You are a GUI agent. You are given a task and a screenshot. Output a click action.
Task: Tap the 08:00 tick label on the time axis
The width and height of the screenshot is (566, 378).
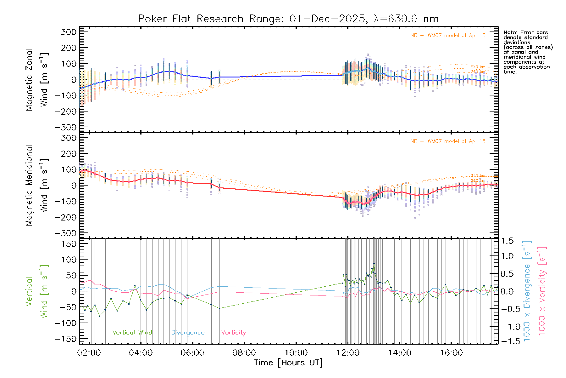pyautogui.click(x=244, y=353)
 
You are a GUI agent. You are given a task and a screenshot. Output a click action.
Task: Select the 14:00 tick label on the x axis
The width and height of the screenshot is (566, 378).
pyautogui.click(x=399, y=353)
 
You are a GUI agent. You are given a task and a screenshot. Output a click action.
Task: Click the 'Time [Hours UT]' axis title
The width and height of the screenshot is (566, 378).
pyautogui.click(x=288, y=363)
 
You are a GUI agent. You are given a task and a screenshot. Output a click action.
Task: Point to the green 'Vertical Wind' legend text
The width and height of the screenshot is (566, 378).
pyautogui.click(x=132, y=333)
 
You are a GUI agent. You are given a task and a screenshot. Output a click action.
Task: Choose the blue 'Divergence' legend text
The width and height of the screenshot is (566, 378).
pyautogui.click(x=188, y=333)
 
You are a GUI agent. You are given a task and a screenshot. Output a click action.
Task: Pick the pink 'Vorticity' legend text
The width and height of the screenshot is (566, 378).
pyautogui.click(x=233, y=333)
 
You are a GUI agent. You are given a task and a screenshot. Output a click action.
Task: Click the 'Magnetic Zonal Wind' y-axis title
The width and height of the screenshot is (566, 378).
pyautogui.click(x=37, y=79)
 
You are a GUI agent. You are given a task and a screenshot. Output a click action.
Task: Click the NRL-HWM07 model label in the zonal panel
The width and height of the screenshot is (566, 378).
pyautogui.click(x=448, y=36)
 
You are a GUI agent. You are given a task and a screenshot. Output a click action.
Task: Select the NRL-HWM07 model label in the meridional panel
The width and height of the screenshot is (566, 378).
pyautogui.click(x=448, y=141)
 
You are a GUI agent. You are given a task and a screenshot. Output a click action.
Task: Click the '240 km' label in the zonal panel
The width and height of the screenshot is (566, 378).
pyautogui.click(x=478, y=67)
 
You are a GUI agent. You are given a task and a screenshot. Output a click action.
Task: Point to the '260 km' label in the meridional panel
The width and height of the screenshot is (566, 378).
pyautogui.click(x=478, y=181)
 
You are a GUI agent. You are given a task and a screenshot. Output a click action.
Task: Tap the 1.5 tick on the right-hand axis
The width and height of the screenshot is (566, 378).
pyautogui.click(x=507, y=241)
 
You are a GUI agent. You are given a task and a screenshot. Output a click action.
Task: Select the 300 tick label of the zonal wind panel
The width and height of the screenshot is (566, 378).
pyautogui.click(x=69, y=32)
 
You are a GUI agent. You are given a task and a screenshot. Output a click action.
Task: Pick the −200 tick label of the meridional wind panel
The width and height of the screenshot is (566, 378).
pyautogui.click(x=66, y=217)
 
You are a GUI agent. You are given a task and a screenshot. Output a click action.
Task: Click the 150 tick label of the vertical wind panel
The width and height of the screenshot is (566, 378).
pyautogui.click(x=69, y=244)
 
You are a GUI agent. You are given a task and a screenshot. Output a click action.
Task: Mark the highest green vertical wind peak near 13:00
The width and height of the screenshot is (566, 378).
pyautogui.click(x=374, y=263)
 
